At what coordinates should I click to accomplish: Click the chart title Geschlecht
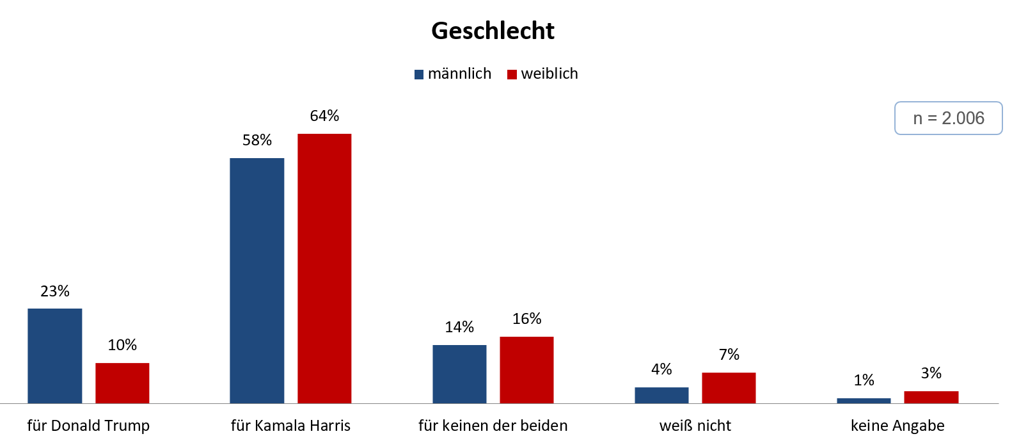493,31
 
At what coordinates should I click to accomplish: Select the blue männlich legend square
419,74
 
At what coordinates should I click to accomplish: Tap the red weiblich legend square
512,74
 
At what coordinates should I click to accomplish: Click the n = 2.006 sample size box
948,118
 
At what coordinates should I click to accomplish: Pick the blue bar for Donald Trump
55,356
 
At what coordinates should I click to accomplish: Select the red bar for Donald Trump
122,383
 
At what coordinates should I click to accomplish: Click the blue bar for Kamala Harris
257,280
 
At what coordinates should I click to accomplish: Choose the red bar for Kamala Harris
324,268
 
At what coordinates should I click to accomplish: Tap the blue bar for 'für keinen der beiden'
459,374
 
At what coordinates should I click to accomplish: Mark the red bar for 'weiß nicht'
729,388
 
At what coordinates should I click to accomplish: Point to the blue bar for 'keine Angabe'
864,401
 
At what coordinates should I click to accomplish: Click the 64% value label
324,116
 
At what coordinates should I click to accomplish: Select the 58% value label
257,140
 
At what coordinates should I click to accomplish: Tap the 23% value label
55,291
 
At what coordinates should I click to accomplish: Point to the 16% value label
526,319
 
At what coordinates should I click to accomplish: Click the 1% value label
864,380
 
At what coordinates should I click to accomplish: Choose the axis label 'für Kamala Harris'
290,426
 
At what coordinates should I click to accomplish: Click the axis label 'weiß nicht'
695,426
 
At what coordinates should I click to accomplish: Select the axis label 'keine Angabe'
897,426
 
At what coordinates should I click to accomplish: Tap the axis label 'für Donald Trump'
88,426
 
